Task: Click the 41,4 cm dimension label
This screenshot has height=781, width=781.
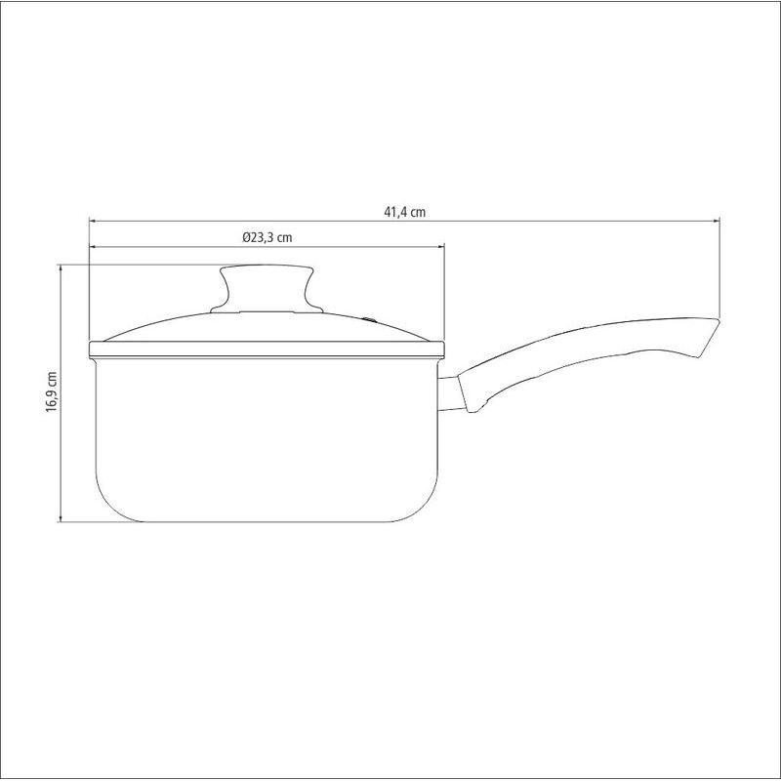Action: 404,212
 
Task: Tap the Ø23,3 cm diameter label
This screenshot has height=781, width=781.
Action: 267,237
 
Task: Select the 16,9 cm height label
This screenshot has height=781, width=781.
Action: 52,391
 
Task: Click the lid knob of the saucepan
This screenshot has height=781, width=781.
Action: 267,288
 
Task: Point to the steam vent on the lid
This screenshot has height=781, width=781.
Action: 369,319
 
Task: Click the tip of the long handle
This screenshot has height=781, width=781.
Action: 720,320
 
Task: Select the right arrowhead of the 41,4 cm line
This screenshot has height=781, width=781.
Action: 717,221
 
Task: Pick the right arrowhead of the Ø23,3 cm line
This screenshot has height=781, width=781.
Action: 440,246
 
